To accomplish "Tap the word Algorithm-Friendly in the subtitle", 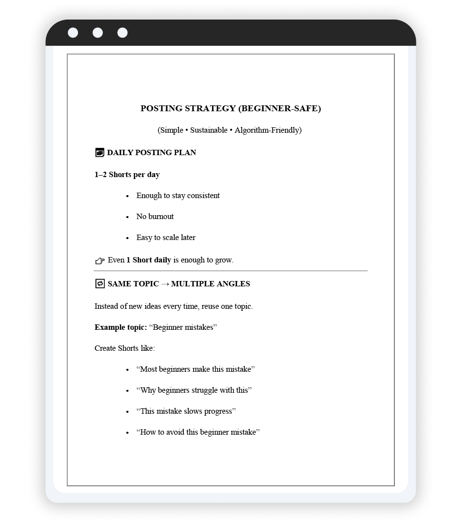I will pos(268,130).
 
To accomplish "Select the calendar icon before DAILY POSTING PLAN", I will pos(99,153).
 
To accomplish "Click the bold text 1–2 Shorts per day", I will pos(127,175).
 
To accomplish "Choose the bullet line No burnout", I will pos(155,217).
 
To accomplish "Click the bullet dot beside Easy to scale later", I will pos(127,238).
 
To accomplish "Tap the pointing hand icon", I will pos(100,261).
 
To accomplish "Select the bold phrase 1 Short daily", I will pos(149,260).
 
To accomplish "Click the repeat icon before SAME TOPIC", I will pos(100,283).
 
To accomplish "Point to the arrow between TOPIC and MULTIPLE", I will pos(165,284).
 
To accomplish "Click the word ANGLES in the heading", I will pos(236,284).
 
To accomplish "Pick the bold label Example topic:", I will pos(120,327).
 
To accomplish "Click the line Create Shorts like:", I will pos(125,348).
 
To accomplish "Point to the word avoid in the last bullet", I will pos(176,432).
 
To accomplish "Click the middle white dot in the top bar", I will pos(98,33).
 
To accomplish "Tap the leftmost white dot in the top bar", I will pos(73,33).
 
